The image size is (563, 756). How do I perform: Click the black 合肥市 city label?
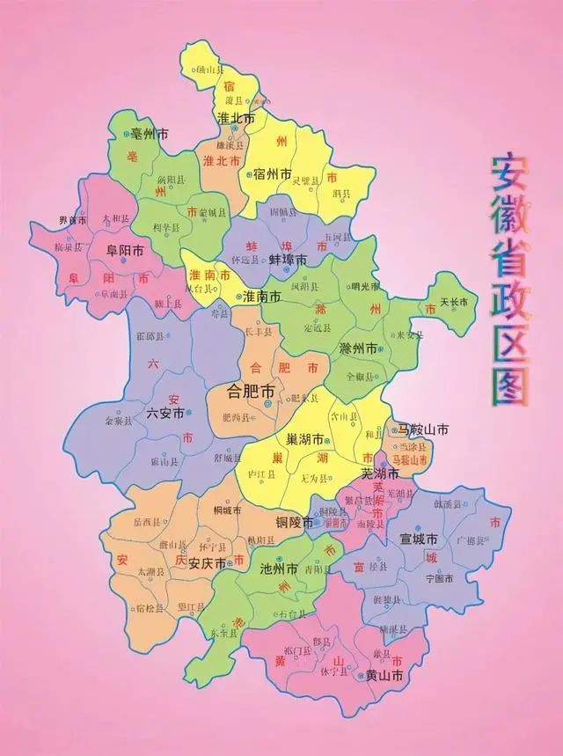[251, 390]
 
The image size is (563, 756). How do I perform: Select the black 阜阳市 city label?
[124, 250]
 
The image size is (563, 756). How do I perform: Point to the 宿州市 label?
[271, 174]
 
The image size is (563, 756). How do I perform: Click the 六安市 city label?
[165, 412]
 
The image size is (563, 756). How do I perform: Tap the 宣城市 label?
[419, 537]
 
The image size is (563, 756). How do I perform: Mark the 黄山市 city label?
[384, 676]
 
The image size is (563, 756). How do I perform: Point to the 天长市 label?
[454, 303]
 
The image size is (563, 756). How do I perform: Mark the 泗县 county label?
[340, 193]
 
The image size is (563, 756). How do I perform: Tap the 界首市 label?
[72, 220]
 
